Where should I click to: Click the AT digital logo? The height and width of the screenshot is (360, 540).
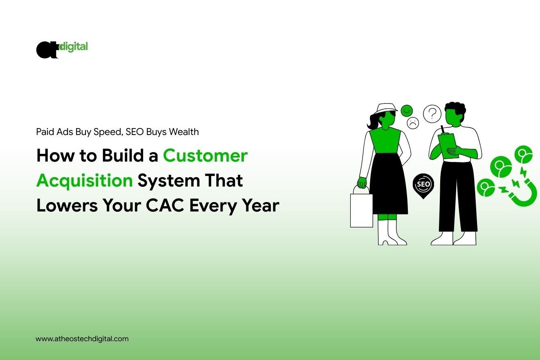click(61, 49)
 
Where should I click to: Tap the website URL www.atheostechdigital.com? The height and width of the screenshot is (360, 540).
click(82, 339)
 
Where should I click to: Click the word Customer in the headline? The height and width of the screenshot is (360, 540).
click(205, 156)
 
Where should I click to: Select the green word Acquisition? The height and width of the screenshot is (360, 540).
click(85, 181)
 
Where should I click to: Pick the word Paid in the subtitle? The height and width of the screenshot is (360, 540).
click(45, 132)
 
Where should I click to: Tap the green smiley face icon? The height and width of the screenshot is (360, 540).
click(407, 110)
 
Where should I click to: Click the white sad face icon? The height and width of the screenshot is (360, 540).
click(413, 123)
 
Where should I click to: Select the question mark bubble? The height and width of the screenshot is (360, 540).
click(432, 114)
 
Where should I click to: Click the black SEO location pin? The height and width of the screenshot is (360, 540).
click(423, 185)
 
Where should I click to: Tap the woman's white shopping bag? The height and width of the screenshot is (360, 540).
click(361, 209)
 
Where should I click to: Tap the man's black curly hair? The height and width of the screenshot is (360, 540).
click(456, 108)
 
